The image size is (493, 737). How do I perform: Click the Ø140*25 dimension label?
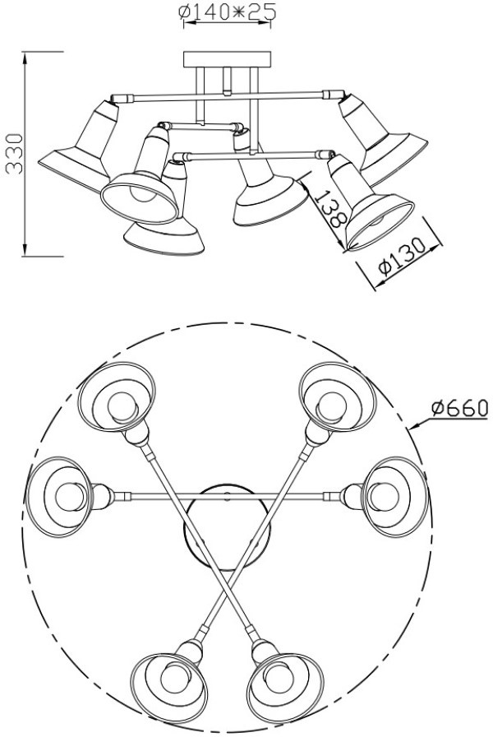(x=227, y=12)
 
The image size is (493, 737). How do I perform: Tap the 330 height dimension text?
(x=14, y=154)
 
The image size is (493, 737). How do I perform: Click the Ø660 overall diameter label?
(x=459, y=408)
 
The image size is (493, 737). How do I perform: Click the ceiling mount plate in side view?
(x=228, y=59)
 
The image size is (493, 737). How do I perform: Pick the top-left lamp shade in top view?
(x=117, y=397)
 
